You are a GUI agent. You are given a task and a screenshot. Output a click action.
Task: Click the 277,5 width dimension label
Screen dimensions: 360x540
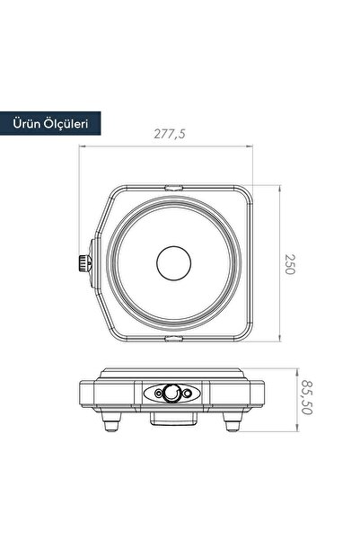(170, 133)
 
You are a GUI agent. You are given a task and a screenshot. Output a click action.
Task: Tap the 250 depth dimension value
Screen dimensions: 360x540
(290, 264)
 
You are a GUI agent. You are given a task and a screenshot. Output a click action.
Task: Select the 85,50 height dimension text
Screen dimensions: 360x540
(307, 397)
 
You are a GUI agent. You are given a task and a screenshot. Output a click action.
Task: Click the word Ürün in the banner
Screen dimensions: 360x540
(26, 123)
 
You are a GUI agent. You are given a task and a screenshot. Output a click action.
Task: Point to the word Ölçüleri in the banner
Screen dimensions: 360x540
(66, 123)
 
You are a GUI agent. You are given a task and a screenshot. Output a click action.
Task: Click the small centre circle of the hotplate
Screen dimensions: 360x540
(174, 263)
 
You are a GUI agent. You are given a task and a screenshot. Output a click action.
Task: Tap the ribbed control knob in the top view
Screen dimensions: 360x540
(83, 263)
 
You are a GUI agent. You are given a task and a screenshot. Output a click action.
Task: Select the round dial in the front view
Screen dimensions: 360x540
(171, 393)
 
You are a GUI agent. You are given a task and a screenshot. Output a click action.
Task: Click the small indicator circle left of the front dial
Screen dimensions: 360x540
(158, 393)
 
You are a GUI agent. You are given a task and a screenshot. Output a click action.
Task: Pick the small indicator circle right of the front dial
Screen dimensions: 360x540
(187, 393)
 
